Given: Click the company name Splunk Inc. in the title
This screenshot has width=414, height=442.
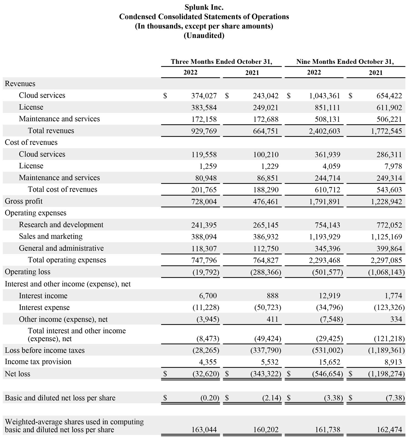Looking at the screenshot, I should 204,7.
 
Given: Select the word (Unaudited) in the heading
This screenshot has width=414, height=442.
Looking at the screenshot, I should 204,36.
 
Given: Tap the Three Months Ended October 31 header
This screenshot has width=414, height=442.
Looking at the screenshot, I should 221,61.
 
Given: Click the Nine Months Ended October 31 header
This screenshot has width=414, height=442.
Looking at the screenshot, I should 345,61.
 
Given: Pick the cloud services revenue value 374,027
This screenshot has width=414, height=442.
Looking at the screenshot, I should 204,96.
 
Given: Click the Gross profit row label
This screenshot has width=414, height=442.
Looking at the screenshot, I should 24,201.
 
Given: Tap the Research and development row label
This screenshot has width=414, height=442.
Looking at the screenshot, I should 61,225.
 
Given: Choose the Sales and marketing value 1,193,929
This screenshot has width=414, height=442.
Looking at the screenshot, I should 325,237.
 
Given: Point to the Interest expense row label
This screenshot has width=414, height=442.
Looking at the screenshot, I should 44,308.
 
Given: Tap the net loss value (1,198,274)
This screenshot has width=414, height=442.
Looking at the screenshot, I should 386,374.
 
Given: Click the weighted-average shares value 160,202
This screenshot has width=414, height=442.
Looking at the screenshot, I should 266,430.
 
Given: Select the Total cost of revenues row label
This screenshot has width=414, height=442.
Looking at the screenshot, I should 62,190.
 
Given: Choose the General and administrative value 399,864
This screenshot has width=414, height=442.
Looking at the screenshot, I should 389,249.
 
